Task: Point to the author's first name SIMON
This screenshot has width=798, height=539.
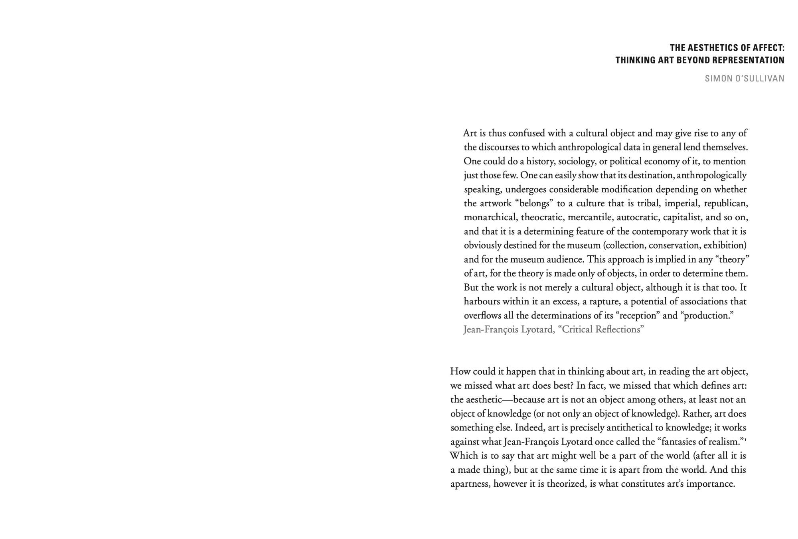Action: [716, 79]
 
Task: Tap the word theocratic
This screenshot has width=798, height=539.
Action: [542, 217]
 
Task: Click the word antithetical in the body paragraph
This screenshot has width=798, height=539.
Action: [629, 428]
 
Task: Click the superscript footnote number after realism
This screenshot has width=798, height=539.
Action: [745, 439]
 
